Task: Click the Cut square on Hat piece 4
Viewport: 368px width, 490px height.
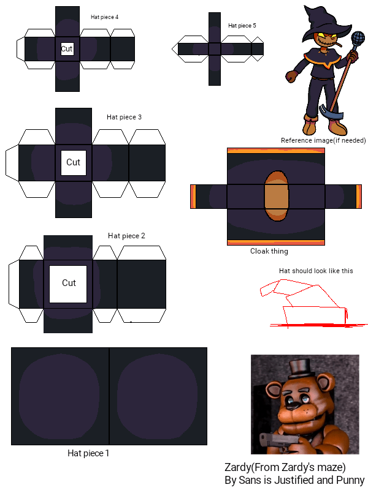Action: pos(67,49)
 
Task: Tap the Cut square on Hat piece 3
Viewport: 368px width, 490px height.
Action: pos(73,163)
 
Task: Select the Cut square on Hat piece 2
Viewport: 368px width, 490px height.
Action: pos(68,284)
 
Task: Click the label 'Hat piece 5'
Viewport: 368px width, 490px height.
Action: pos(242,26)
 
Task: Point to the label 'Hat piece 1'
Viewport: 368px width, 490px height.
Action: pos(88,453)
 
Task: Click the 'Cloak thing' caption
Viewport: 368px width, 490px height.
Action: pos(269,251)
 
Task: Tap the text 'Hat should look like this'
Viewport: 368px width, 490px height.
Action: pos(316,271)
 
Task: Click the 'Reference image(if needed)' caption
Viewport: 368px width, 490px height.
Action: pos(323,140)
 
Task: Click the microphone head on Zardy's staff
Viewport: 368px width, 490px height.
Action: pos(358,39)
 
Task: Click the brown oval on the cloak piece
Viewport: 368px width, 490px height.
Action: pos(277,196)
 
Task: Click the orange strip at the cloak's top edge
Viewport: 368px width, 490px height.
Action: pos(275,151)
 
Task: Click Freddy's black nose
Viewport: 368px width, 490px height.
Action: pos(294,407)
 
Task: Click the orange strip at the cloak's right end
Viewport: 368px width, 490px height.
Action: pos(359,197)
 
